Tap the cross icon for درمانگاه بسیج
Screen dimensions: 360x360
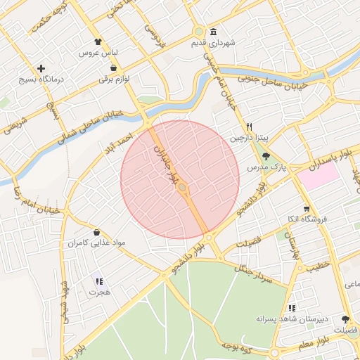(42, 69)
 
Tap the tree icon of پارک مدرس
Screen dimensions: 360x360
(265, 157)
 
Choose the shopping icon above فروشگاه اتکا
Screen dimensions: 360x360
(306, 209)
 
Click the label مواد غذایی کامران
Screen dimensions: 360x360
(96, 243)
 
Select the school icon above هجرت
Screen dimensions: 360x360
(98, 282)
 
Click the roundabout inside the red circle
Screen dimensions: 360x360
(182, 188)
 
